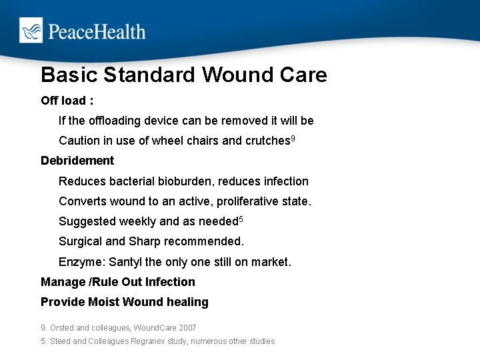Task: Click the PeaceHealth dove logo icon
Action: coord(31,31)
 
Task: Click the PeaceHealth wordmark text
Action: coord(95,31)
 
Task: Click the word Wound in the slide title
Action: coord(235,75)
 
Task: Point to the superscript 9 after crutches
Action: coord(293,139)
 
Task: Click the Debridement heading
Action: coord(77,161)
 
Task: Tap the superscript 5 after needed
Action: coord(241,219)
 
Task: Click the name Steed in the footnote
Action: coord(60,341)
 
